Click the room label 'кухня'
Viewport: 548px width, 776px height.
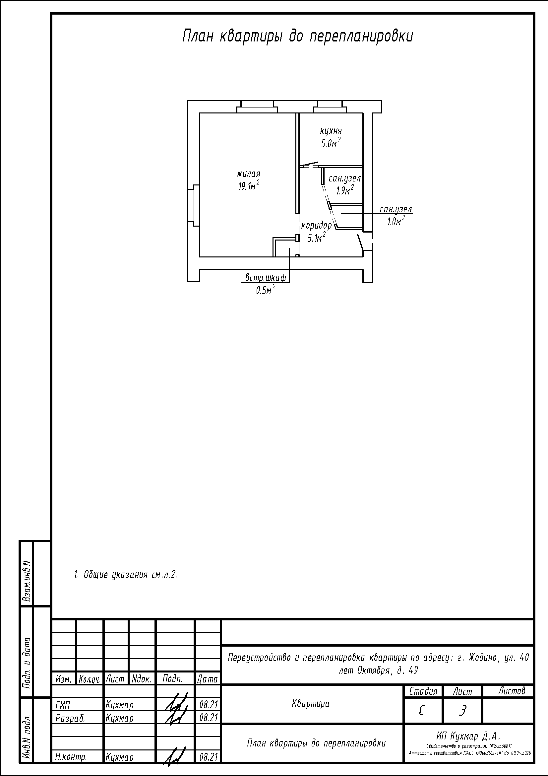pos(331,131)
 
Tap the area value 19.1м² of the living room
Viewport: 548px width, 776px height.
pos(249,185)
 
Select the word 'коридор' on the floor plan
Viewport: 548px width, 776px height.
pos(316,225)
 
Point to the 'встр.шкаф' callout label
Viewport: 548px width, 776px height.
pos(266,278)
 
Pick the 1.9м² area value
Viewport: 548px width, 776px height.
pos(344,190)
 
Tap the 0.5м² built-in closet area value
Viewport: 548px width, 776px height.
pos(265,290)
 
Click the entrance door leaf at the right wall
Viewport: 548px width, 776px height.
pos(360,242)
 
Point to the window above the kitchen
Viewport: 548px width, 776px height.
pos(330,107)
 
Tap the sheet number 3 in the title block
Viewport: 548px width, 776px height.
pos(462,711)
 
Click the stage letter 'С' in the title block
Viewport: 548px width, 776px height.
pos(422,711)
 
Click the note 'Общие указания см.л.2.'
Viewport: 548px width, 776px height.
pos(126,575)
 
